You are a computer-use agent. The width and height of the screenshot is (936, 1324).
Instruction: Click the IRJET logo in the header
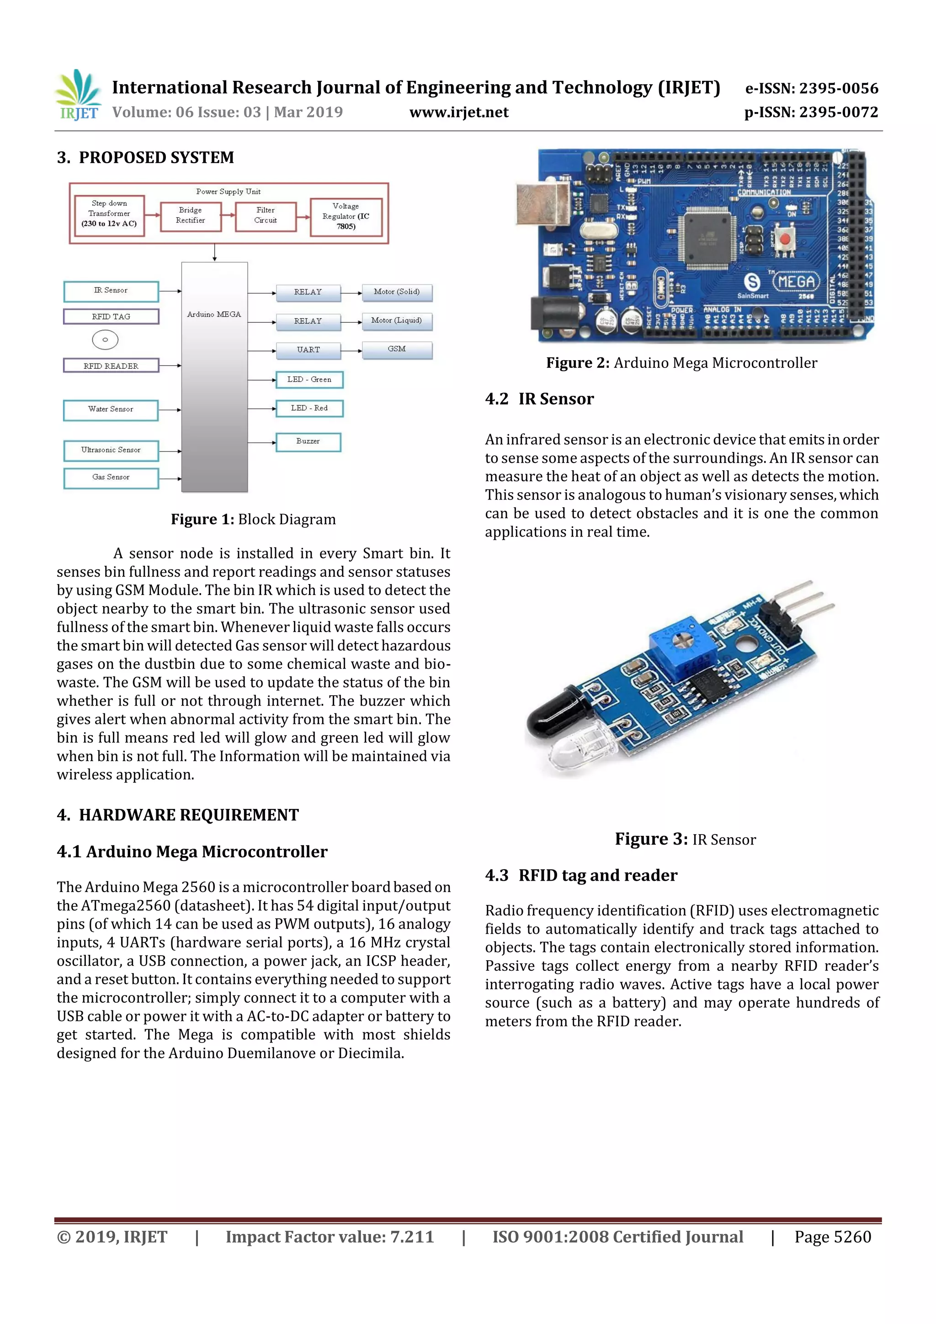click(78, 95)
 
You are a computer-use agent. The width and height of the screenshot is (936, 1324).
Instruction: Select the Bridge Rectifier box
click(190, 216)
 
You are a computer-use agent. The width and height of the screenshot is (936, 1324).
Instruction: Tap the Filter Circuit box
click(265, 216)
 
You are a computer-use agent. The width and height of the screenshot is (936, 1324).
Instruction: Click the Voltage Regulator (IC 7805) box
click(346, 216)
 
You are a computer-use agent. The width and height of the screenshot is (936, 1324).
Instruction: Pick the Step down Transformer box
click(109, 214)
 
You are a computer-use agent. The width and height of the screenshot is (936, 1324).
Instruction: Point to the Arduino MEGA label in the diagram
click(214, 314)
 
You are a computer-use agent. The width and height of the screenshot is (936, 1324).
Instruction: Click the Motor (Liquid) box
click(397, 321)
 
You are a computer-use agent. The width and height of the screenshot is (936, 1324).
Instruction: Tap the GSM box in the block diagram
click(397, 350)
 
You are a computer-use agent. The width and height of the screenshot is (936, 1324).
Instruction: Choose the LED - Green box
click(309, 379)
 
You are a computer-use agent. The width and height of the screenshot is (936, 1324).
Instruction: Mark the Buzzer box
click(308, 442)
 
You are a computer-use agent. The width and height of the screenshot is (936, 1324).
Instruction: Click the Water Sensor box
click(111, 409)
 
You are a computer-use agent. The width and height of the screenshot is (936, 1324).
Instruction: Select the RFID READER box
click(111, 366)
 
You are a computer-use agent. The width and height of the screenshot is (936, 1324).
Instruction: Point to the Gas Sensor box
click(111, 478)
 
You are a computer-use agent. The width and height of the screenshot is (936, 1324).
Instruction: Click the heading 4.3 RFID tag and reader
click(581, 875)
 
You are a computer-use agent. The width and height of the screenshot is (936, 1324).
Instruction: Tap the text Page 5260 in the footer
click(832, 1236)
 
